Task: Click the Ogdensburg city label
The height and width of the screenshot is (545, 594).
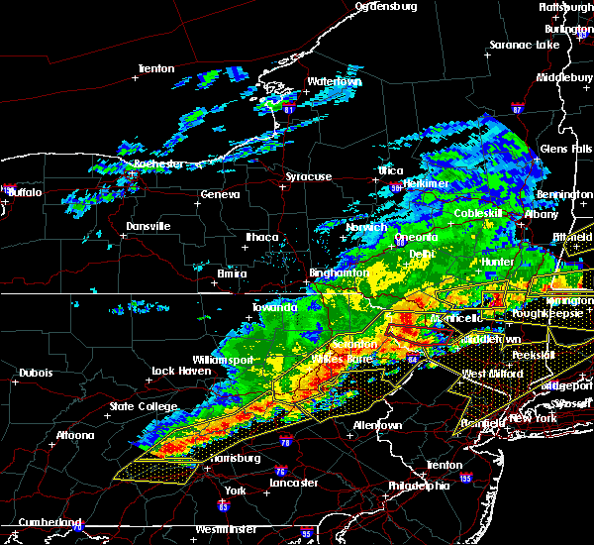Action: pos(386,6)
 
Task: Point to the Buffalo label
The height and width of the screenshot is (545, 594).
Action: pos(27,192)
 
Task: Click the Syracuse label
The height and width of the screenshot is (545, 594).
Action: pos(308,176)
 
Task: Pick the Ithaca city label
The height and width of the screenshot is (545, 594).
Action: pos(262,237)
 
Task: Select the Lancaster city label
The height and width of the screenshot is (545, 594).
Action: pos(295,483)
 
